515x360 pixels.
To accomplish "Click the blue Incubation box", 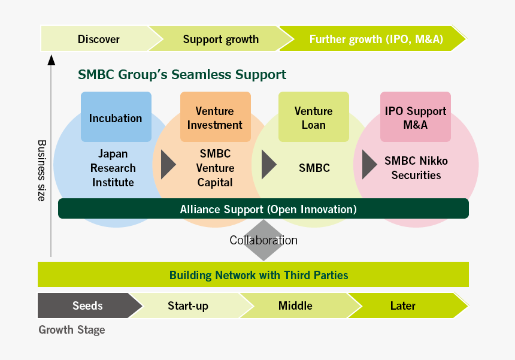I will pos(116,117).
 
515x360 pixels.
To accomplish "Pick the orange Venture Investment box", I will pos(215,117).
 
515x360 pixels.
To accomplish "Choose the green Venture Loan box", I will pos(314,117).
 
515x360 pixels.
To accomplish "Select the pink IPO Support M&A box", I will pos(416,117).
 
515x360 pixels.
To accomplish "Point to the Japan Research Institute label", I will pos(114,168).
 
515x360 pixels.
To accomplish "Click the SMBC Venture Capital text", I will pos(215,168).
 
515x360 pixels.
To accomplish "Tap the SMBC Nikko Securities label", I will pos(416,168).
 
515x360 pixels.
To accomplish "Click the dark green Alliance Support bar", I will pos(263,209).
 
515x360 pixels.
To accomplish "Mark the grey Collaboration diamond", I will pos(263,240).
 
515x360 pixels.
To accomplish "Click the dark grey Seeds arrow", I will pos(87,305).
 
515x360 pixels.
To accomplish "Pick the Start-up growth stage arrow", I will pos(188,306).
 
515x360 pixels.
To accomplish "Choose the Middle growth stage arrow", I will pos(295,305).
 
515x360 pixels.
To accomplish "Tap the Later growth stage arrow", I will pos(402,305).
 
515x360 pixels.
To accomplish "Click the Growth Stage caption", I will pos(72,329).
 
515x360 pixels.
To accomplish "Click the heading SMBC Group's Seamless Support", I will pos(182,75).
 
